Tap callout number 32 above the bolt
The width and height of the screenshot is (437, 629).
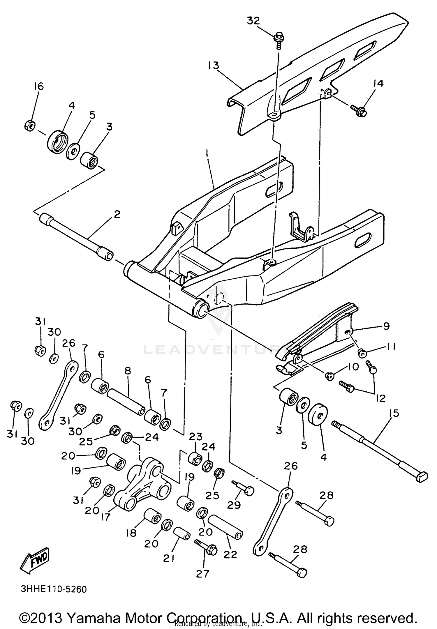pos(253,21)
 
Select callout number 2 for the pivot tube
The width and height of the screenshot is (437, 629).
pos(117,215)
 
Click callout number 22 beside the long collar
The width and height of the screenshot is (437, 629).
pos(230,555)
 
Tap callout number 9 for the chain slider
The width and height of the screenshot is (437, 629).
pos(386,326)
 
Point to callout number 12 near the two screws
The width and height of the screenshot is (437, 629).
pos(381,398)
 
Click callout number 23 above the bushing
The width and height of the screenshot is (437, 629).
pos(195,437)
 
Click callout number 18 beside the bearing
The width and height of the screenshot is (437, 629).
pos(131,533)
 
